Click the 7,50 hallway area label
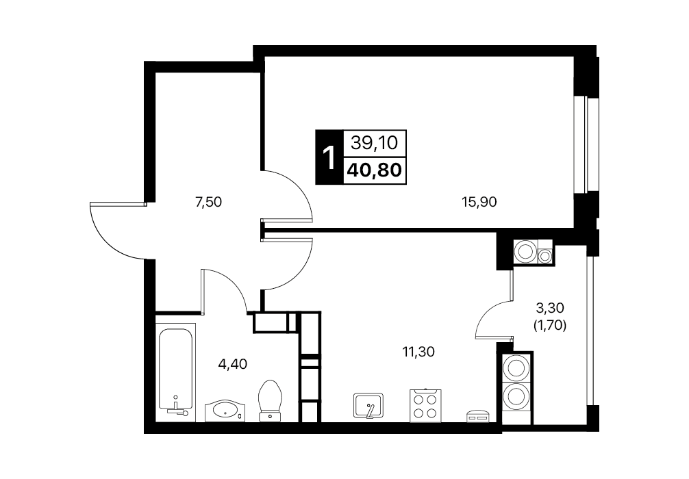point(208,203)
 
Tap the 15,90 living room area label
point(479,202)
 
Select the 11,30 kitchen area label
point(418,351)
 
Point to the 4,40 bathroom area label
point(233,364)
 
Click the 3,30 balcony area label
point(549,308)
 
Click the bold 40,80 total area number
point(375,170)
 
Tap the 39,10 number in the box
point(374,143)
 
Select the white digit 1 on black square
point(328,157)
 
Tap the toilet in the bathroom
point(270,400)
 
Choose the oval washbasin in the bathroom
point(224,411)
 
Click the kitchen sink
point(368,405)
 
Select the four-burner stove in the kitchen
point(425,405)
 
